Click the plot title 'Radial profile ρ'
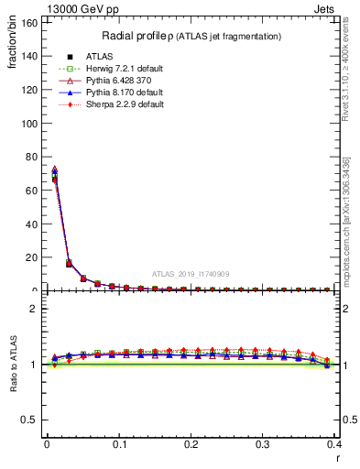[x=156, y=36]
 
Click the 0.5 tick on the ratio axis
[x=32, y=420]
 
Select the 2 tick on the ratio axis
[x=38, y=309]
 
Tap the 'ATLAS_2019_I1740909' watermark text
[x=190, y=273]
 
